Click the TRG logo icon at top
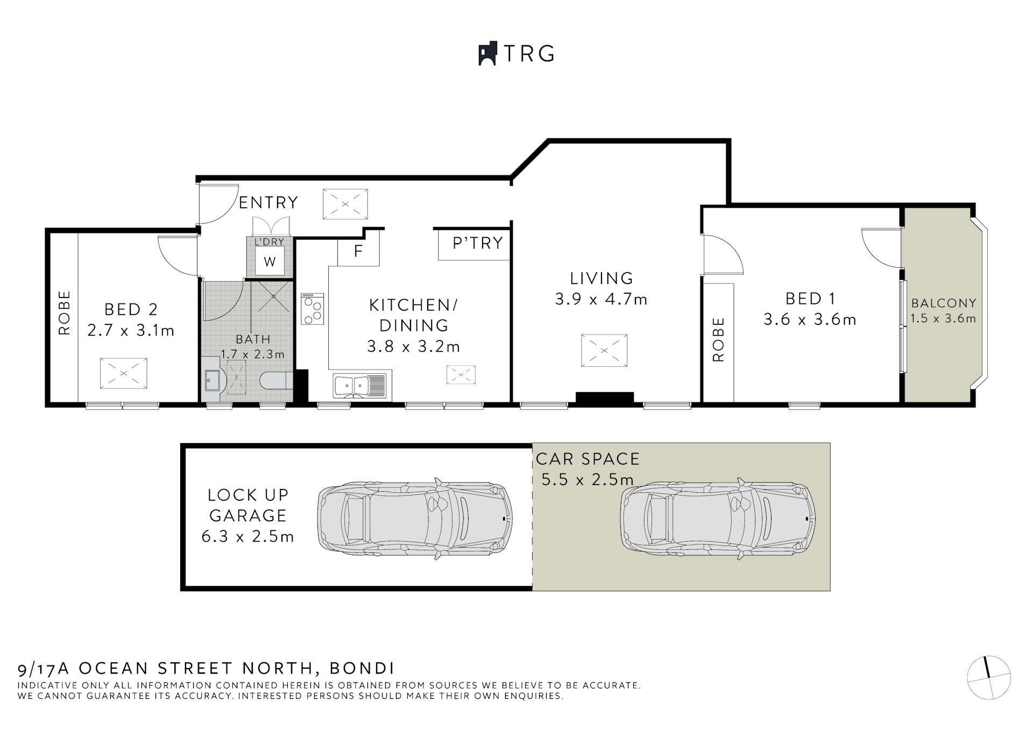click(x=487, y=54)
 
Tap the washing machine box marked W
click(x=269, y=261)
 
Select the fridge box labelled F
click(x=358, y=251)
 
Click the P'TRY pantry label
click(x=477, y=244)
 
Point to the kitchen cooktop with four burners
click(x=312, y=308)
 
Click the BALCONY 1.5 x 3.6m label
click(x=943, y=311)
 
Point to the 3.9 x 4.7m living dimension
click(x=601, y=299)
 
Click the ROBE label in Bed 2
click(x=65, y=313)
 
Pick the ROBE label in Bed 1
click(x=718, y=339)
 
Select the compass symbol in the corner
click(x=988, y=678)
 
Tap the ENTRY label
click(x=268, y=203)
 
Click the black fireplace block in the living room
click(x=605, y=398)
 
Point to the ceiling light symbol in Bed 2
click(x=123, y=373)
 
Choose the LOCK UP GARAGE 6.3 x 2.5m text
click(x=248, y=515)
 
